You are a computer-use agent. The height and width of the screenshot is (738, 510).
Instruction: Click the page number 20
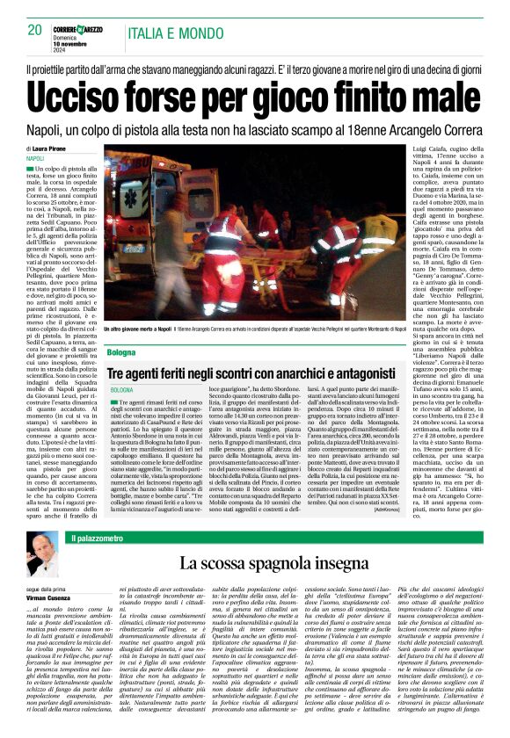coord(35,30)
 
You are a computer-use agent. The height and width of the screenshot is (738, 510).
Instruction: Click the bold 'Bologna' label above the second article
coord(122,352)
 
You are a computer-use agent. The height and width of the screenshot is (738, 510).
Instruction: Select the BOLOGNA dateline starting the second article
coord(122,389)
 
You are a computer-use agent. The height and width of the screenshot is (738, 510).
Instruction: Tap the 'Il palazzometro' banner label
coord(84,537)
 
